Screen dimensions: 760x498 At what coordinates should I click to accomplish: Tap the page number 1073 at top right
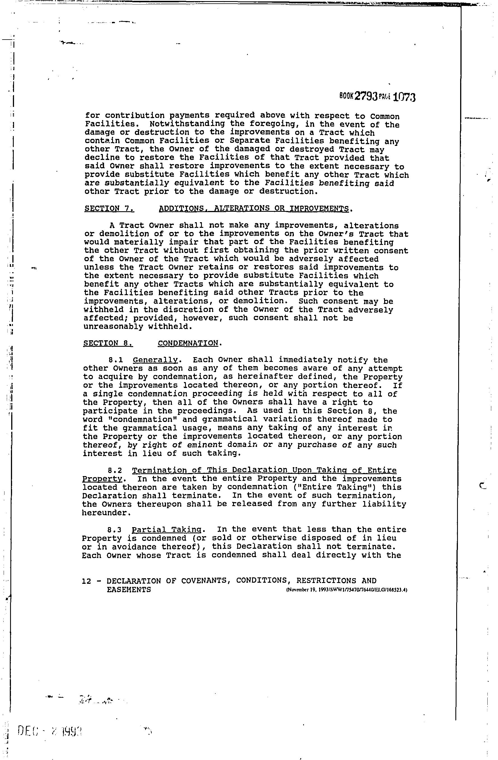pos(404,97)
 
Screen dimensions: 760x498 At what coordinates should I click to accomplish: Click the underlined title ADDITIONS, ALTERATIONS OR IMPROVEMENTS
pos(254,208)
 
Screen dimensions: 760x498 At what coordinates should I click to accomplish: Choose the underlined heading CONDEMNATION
pos(188,343)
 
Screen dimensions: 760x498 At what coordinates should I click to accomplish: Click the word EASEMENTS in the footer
pos(129,589)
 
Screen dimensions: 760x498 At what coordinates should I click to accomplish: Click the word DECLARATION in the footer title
pos(133,581)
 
